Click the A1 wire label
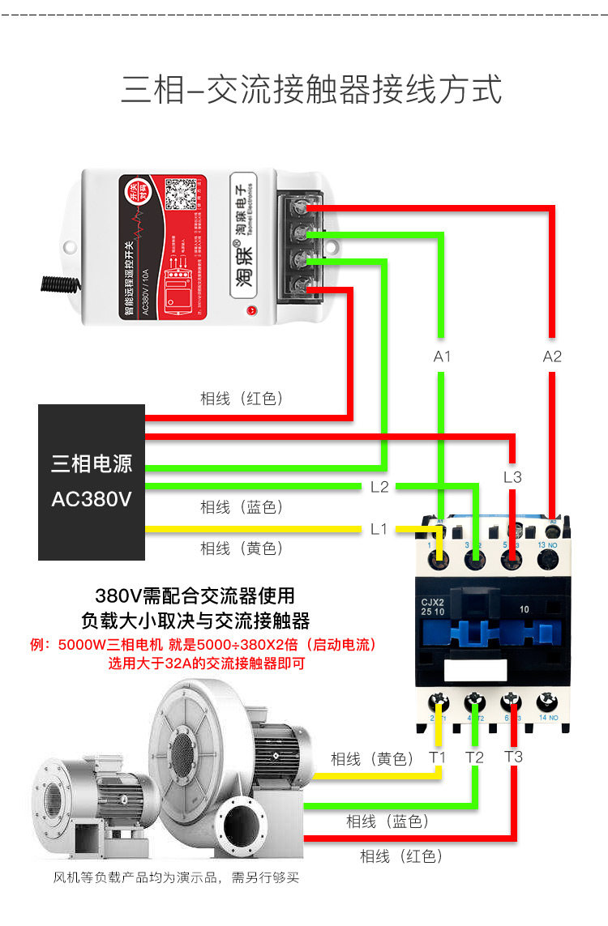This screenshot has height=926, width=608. pos(442,356)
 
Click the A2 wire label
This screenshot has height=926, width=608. pos(552,356)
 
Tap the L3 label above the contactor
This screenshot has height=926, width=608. pos(512,477)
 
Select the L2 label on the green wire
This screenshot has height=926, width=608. pos(379,487)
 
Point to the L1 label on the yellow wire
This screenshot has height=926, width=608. pos(379,529)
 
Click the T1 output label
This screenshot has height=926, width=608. pos(438,757)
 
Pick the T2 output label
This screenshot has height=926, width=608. pos(475,757)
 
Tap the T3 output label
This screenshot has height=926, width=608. pos(513,757)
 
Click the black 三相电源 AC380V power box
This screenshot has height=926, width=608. pos(92,482)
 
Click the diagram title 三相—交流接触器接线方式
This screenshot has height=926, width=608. pos(312,89)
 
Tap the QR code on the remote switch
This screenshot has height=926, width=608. pos(182,194)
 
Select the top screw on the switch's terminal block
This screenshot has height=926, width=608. pos(302,207)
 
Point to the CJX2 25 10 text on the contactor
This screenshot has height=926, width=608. pos(435,608)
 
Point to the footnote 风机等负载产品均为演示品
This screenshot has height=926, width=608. pos(177,877)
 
